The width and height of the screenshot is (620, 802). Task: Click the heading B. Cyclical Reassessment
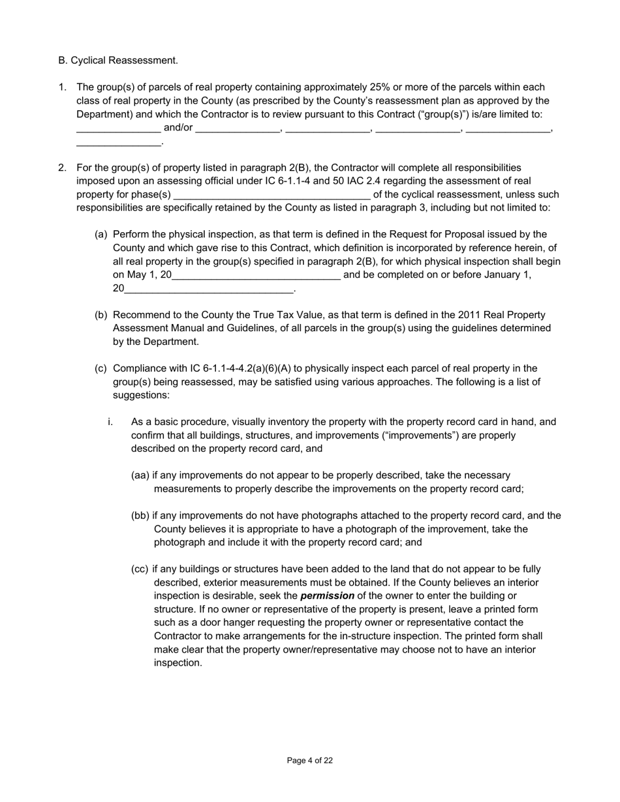118,61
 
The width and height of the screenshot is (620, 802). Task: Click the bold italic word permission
327,596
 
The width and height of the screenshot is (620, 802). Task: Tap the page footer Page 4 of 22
310,760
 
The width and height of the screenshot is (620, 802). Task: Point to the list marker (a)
101,234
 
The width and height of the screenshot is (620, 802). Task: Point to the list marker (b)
101,315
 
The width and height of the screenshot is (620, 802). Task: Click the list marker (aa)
140,475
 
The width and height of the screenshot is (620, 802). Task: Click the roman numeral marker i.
110,422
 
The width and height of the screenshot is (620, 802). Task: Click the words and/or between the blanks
178,128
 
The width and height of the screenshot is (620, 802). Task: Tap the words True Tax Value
290,315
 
